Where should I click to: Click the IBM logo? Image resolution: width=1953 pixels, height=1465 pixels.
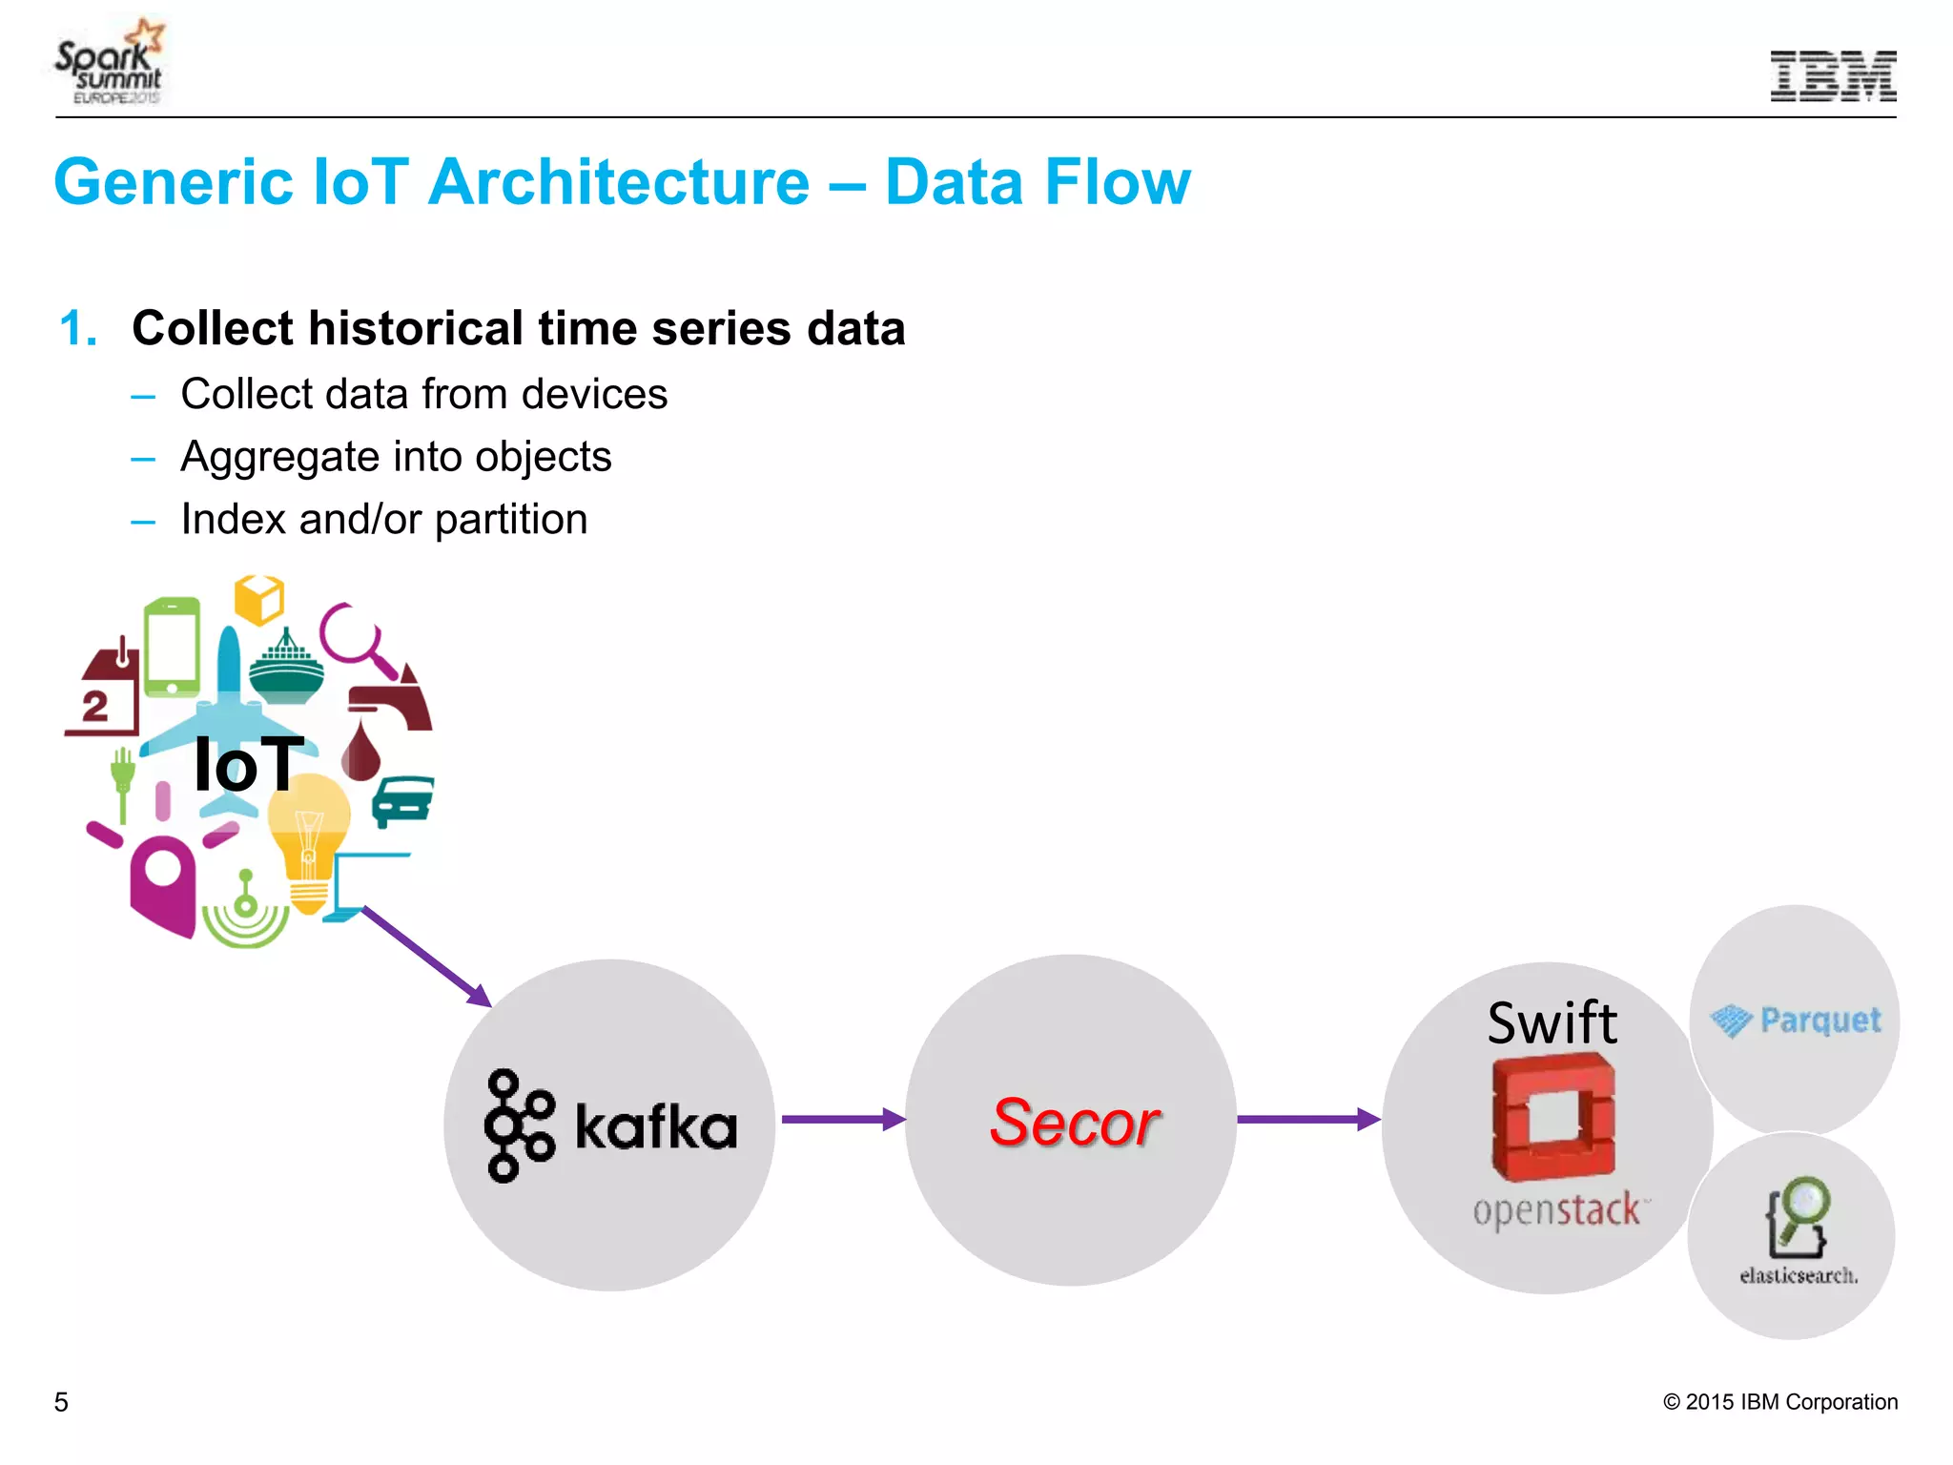pyautogui.click(x=1832, y=75)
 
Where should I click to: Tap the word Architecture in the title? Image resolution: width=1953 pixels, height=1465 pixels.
pyautogui.click(x=619, y=182)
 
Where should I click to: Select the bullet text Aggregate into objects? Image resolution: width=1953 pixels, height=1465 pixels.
pyautogui.click(x=396, y=457)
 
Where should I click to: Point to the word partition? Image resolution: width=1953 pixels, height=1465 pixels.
pyautogui.click(x=511, y=520)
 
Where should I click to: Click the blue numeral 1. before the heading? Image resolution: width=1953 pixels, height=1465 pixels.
pyautogui.click(x=78, y=329)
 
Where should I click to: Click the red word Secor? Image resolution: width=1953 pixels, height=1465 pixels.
pyautogui.click(x=1075, y=1122)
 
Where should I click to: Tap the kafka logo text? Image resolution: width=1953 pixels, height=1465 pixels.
pyautogui.click(x=656, y=1126)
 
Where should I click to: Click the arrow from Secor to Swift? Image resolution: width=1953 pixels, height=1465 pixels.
pyautogui.click(x=1307, y=1119)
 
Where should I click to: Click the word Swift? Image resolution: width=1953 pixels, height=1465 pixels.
pyautogui.click(x=1552, y=1022)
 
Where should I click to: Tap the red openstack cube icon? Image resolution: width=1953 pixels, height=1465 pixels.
pyautogui.click(x=1553, y=1117)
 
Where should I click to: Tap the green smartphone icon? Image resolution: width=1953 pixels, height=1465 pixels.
pyautogui.click(x=172, y=648)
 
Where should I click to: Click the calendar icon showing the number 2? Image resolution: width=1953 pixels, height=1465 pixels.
pyautogui.click(x=101, y=691)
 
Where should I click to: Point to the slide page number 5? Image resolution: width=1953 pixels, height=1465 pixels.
pyautogui.click(x=61, y=1402)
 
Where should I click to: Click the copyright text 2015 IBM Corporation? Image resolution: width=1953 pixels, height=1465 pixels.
pyautogui.click(x=1779, y=1402)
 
